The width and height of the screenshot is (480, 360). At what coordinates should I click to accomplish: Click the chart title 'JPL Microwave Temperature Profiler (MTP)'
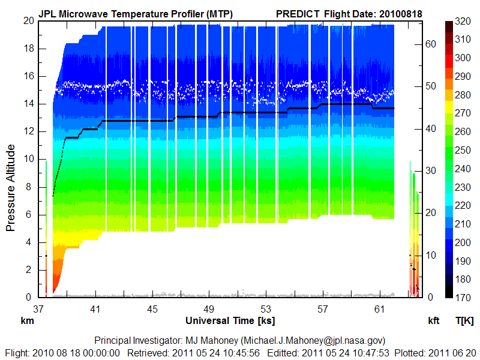(136, 13)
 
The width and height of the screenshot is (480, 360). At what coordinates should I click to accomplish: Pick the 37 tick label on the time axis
(39, 309)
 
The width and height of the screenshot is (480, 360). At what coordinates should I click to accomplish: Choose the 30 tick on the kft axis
(431, 170)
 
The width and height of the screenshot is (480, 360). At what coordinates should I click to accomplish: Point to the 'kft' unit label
(433, 320)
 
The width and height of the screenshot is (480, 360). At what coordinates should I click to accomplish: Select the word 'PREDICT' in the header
(298, 13)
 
